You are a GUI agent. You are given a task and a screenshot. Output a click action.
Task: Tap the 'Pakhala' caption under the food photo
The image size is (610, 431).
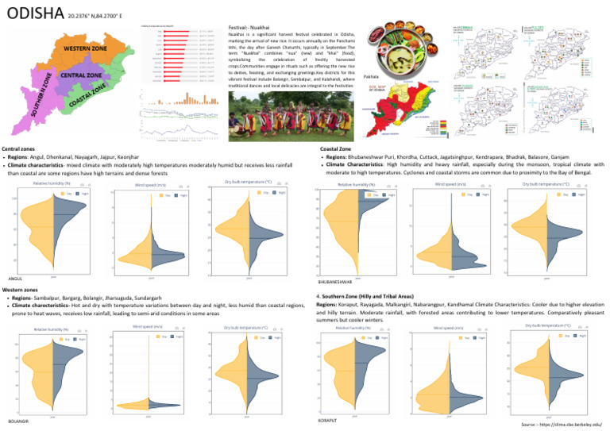pyautogui.click(x=370, y=77)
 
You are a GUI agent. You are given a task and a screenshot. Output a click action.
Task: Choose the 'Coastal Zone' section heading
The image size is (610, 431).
pyautogui.click(x=336, y=148)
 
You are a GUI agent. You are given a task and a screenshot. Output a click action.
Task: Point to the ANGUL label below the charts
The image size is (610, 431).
pyautogui.click(x=14, y=279)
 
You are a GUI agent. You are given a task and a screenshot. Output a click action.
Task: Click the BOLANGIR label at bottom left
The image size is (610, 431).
pyautogui.click(x=17, y=420)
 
